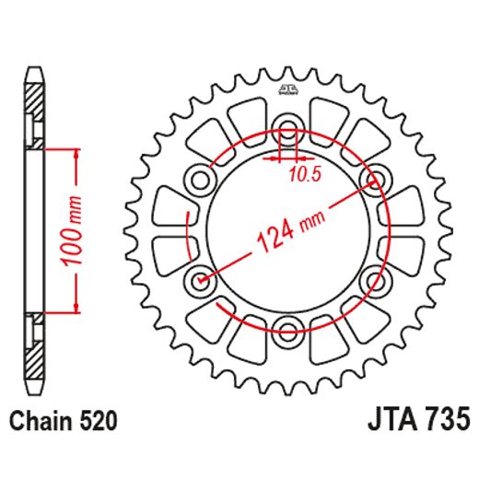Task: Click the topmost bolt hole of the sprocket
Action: [x=287, y=128]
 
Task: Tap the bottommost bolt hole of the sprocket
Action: [x=287, y=330]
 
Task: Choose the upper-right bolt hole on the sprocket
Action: [x=375, y=179]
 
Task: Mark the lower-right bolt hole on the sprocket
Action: [x=375, y=279]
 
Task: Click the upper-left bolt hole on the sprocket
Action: [x=200, y=179]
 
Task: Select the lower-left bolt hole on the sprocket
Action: [x=200, y=279]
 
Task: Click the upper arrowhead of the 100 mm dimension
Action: [x=73, y=152]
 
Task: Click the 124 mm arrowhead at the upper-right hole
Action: [x=371, y=181]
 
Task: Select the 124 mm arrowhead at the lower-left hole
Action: [x=204, y=276]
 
